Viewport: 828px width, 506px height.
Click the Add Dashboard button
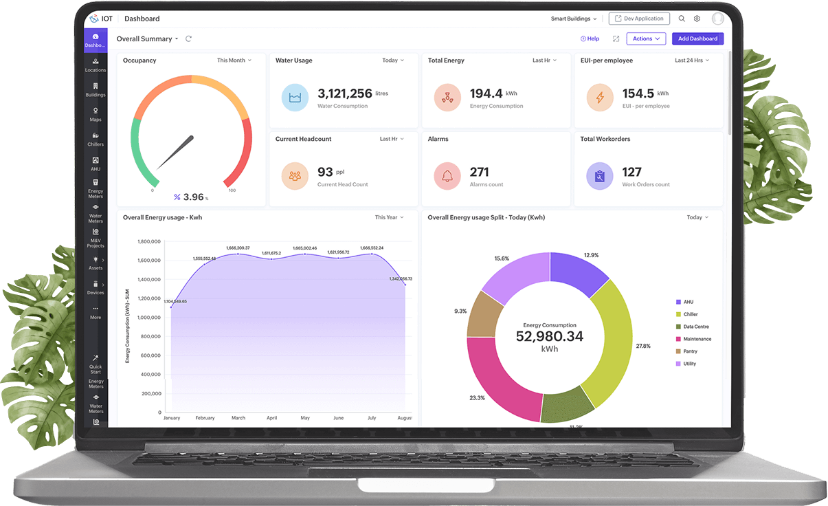697,38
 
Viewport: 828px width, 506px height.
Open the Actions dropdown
645,38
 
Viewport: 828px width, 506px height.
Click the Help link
590,38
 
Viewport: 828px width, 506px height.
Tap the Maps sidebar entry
96,114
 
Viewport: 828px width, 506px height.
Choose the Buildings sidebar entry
96,89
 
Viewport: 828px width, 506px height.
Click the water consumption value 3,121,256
345,93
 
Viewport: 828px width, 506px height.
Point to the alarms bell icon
447,176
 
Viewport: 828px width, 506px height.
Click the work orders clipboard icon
600,176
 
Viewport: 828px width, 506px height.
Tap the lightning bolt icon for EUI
600,98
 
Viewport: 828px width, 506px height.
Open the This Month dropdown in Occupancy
234,60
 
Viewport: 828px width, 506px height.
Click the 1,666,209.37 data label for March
238,247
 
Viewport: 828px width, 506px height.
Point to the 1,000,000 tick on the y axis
149,318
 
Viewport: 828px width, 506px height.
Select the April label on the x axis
271,418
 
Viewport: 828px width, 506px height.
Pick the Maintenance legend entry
697,339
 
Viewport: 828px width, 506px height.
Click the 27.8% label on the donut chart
643,346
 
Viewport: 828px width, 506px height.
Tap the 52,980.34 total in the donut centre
549,336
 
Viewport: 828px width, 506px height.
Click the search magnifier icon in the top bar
682,19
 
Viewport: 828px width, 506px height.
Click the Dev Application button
639,19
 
